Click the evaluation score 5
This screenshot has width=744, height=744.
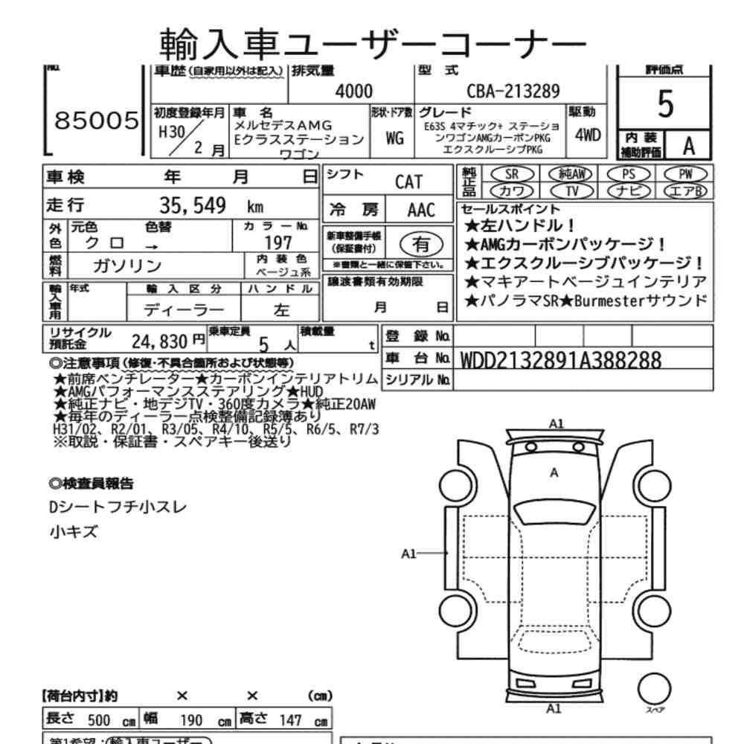[667, 106]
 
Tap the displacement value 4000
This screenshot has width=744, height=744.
[353, 91]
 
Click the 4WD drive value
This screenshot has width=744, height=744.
[589, 137]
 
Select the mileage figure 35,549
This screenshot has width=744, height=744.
[193, 205]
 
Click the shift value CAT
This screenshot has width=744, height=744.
[409, 182]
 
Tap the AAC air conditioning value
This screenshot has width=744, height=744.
[420, 210]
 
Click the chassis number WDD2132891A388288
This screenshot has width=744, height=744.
[561, 360]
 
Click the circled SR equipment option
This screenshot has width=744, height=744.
[511, 174]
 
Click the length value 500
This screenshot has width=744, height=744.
[99, 721]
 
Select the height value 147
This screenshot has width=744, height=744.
[290, 721]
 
